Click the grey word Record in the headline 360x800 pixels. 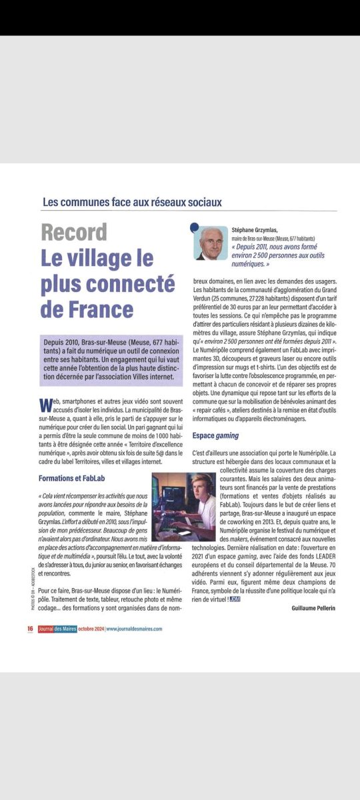(73, 233)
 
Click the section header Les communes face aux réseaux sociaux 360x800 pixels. (131, 201)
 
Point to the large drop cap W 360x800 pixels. (45, 405)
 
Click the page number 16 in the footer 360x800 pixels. (31, 629)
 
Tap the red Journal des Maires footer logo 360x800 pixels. (57, 629)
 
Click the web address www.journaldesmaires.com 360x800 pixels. (134, 629)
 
